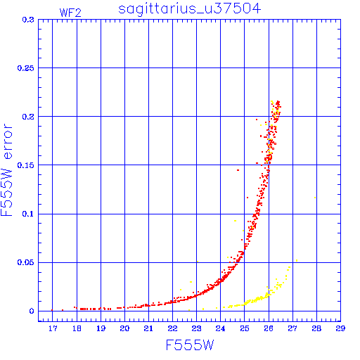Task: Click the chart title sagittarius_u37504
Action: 189,9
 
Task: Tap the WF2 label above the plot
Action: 70,13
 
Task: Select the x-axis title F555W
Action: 190,345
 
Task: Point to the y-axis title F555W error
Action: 6,170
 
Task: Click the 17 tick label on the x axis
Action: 53,328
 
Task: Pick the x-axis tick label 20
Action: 124,328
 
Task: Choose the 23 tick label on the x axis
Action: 196,328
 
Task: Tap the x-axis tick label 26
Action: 269,328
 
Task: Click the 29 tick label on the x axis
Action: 340,328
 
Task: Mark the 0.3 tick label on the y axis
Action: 28,20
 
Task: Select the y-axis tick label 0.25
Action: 26,68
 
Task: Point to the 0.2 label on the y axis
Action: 28,117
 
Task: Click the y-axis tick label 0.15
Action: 26,165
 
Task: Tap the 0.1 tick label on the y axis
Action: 28,214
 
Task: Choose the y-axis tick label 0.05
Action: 26,262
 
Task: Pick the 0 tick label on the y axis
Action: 32,311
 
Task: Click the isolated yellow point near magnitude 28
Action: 315,198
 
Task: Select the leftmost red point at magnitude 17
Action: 52,310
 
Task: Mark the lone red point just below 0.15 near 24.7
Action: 238,170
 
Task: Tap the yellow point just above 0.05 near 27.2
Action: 297,260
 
